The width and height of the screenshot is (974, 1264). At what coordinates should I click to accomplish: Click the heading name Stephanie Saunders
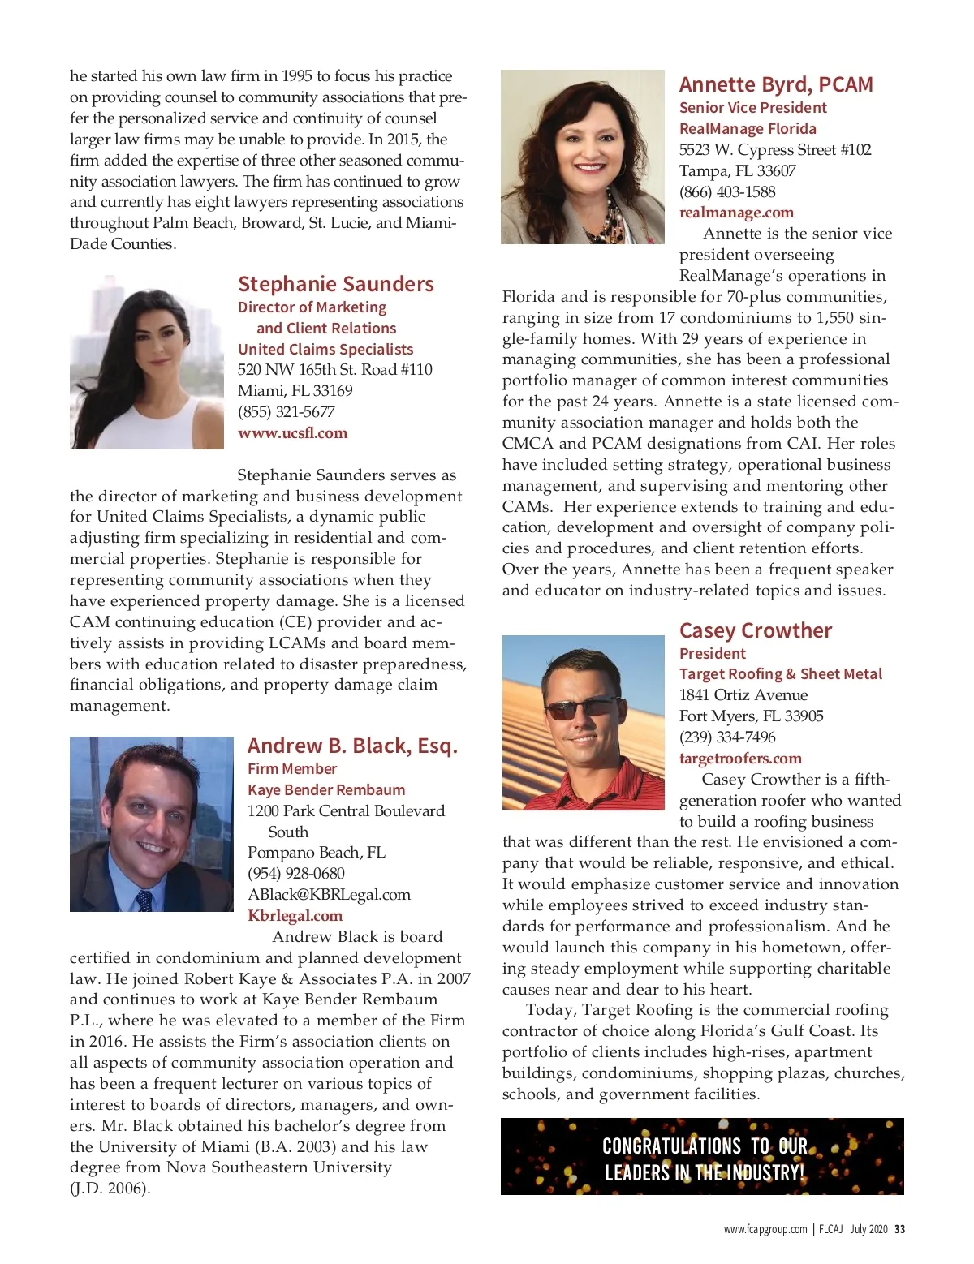(335, 285)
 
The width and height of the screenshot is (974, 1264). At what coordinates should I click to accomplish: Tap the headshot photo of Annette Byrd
(582, 157)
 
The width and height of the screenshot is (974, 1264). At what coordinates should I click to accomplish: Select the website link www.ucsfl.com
(292, 433)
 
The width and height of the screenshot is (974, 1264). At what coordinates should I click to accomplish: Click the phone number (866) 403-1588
(726, 192)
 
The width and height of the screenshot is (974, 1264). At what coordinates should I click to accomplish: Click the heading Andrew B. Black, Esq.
(352, 746)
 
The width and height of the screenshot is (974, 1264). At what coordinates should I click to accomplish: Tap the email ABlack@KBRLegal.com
(329, 895)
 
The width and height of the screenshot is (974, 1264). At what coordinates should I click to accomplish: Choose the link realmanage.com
(736, 213)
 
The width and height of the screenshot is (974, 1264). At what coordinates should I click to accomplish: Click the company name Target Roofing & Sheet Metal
(780, 674)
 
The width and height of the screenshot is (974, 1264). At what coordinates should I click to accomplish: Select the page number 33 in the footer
(899, 1229)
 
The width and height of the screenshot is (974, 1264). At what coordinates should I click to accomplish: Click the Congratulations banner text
(704, 1159)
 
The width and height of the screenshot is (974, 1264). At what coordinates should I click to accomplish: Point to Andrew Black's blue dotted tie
(144, 900)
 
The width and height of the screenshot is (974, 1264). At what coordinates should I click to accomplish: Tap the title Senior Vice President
(752, 108)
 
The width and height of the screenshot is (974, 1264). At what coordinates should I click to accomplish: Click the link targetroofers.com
(740, 759)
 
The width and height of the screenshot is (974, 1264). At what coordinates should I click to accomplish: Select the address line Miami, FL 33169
(295, 391)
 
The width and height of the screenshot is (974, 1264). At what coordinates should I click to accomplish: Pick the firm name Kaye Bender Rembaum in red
(325, 790)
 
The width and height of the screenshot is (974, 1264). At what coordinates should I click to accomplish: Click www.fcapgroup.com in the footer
(765, 1229)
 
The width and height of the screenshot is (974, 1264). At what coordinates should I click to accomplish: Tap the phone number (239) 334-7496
(726, 737)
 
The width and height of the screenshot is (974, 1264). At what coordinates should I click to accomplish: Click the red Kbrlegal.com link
(295, 916)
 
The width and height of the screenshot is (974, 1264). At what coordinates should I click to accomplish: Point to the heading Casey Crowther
(755, 631)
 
